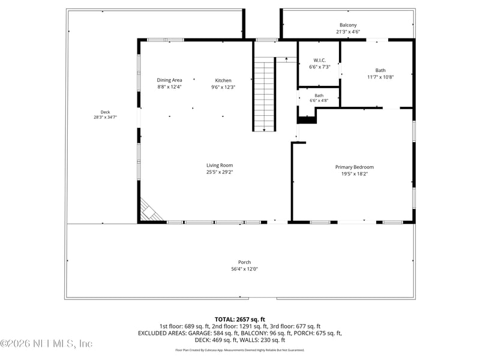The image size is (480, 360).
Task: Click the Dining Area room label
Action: tap(169, 80)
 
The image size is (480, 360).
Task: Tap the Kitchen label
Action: tap(223, 80)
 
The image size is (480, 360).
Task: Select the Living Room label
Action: tap(220, 166)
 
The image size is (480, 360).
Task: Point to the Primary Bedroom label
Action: tap(355, 167)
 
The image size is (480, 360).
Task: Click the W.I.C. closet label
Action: tap(320, 61)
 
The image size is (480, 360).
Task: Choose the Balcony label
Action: tap(348, 25)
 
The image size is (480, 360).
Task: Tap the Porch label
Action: tap(244, 262)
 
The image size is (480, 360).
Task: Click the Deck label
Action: tap(106, 112)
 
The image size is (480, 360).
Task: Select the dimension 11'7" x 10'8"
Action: tap(380, 77)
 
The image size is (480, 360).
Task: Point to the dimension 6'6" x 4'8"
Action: tap(319, 100)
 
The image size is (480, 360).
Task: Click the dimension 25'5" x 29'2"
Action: tap(220, 172)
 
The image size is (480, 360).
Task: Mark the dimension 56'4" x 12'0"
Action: tap(244, 269)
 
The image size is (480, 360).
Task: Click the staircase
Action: tap(264, 94)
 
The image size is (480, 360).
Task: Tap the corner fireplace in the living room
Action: tap(151, 211)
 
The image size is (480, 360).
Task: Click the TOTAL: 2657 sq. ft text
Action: tap(239, 320)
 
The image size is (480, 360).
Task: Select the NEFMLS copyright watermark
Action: tap(46, 343)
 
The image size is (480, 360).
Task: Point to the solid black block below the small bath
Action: tap(307, 119)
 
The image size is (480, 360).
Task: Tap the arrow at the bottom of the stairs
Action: tap(264, 130)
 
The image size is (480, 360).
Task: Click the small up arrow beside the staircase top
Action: tap(286, 59)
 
